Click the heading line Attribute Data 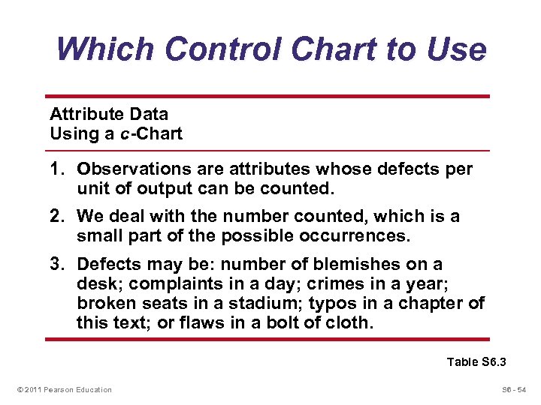point(109,115)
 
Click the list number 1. point(56,169)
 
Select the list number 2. point(56,217)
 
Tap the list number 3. point(56,264)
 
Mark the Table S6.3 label point(476,362)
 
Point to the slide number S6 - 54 point(512,389)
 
